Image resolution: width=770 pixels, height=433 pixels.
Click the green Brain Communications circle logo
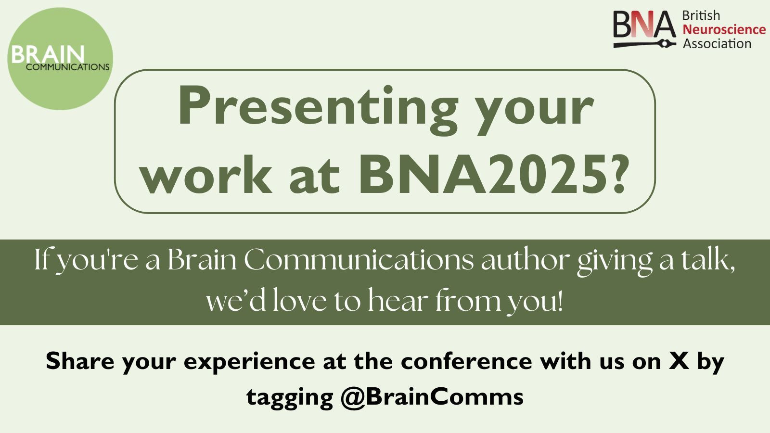coord(60,59)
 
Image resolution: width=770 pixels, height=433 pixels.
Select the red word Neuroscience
coord(724,29)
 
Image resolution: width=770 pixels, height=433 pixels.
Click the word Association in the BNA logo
coord(717,44)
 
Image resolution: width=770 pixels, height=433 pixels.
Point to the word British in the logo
coord(701,15)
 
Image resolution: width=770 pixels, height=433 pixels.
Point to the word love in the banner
coord(299,301)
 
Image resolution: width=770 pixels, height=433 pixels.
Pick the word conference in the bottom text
coord(466,361)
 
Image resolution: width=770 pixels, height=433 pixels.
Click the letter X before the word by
coord(679,361)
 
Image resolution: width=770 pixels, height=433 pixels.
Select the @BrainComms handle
coord(432,397)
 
